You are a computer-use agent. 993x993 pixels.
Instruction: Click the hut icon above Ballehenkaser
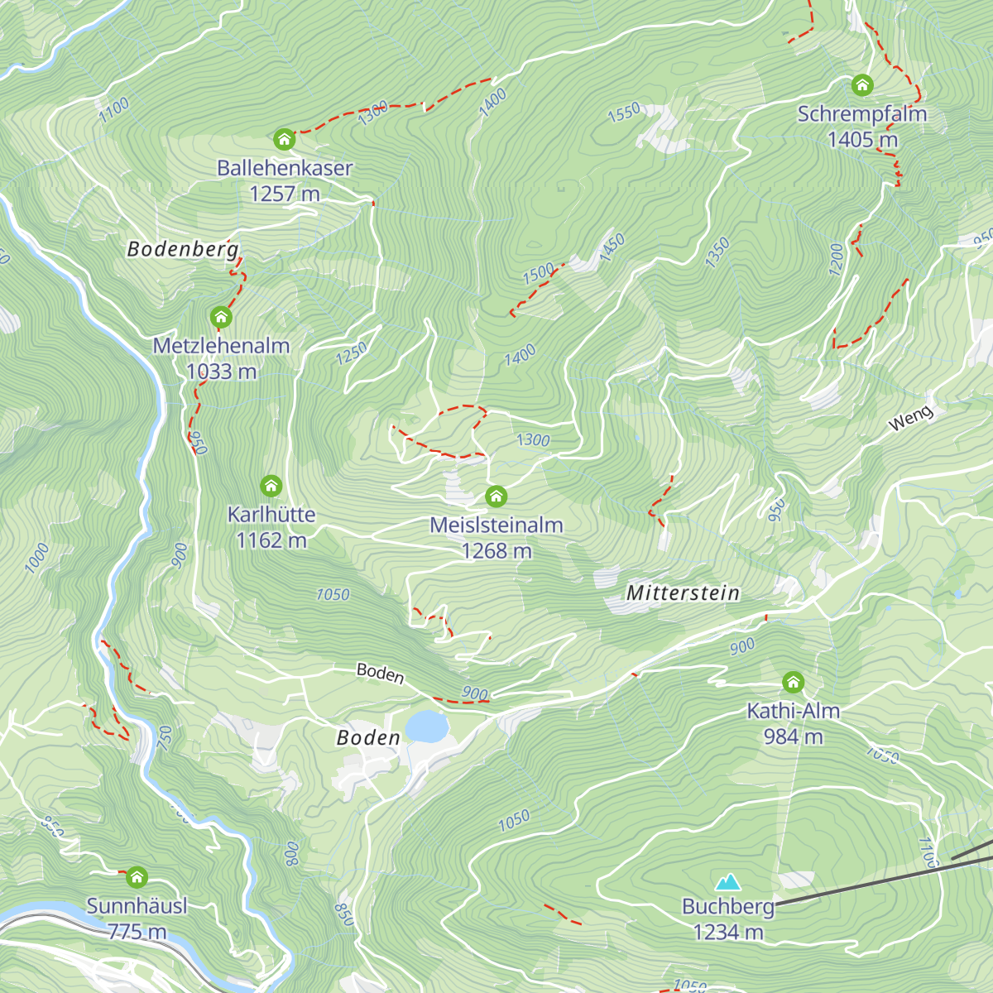click(x=284, y=139)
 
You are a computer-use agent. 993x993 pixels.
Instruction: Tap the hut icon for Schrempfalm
click(x=862, y=85)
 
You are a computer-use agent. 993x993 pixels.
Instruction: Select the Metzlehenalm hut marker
click(x=220, y=317)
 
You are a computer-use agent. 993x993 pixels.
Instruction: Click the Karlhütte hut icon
click(x=271, y=486)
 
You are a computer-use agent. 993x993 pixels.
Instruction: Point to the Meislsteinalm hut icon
click(x=496, y=496)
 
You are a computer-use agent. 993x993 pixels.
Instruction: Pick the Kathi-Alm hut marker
click(x=793, y=683)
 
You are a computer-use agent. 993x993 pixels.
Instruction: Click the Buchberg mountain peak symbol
click(x=728, y=882)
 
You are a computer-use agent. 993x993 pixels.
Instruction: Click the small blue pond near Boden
click(x=426, y=727)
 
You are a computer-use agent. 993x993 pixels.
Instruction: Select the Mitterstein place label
click(x=683, y=592)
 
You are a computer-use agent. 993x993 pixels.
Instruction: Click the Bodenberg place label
click(x=183, y=249)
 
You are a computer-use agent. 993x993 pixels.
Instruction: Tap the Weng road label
click(x=910, y=419)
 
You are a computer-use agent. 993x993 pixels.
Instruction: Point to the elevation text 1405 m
click(x=862, y=140)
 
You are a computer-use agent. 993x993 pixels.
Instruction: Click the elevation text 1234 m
click(x=728, y=932)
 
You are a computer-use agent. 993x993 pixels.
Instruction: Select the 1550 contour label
click(x=624, y=112)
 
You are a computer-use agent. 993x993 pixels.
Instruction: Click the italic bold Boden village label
click(x=368, y=737)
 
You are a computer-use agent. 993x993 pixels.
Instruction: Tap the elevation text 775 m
click(x=137, y=932)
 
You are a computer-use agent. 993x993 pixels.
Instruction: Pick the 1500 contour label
click(x=539, y=272)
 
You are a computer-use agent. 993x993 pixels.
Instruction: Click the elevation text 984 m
click(x=793, y=736)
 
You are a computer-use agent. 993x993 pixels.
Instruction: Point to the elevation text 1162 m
click(x=271, y=540)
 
